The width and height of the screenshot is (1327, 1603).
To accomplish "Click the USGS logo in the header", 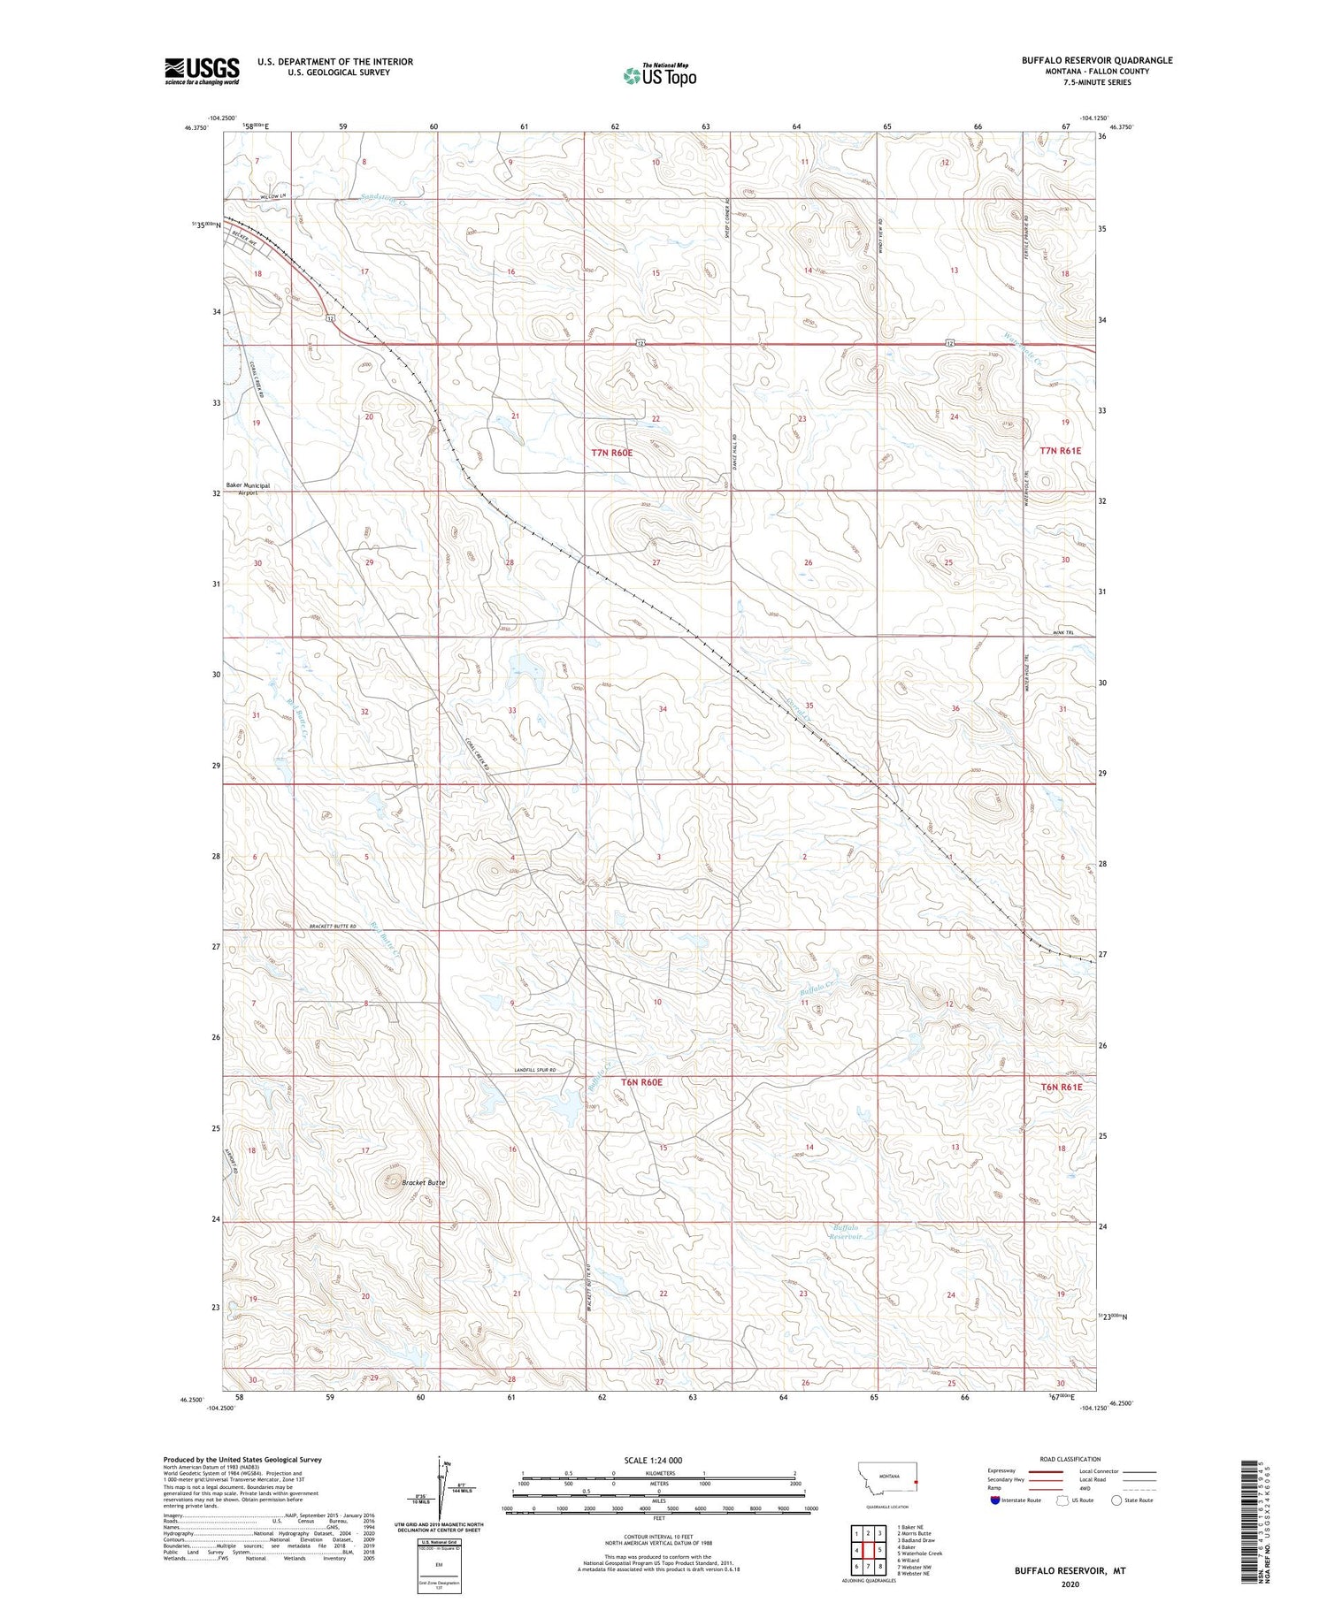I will (x=202, y=71).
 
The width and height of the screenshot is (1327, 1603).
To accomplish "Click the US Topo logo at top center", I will (x=659, y=76).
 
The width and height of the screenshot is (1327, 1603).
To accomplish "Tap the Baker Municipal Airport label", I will (x=248, y=489).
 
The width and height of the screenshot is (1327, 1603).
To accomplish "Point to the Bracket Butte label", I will (x=424, y=1182).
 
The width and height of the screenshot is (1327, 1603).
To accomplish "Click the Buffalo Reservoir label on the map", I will (x=848, y=1233).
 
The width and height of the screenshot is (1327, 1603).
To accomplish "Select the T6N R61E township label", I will (x=1060, y=1087).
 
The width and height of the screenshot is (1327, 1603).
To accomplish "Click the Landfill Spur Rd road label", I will (x=540, y=1072).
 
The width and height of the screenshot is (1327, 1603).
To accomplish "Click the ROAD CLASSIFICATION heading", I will (x=1070, y=1459).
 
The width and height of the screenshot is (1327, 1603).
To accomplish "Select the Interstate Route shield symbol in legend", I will (x=995, y=1500).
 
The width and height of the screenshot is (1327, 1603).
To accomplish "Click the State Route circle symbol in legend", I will (x=1116, y=1500).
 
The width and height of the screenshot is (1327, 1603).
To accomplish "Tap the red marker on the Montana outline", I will (x=917, y=1483).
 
